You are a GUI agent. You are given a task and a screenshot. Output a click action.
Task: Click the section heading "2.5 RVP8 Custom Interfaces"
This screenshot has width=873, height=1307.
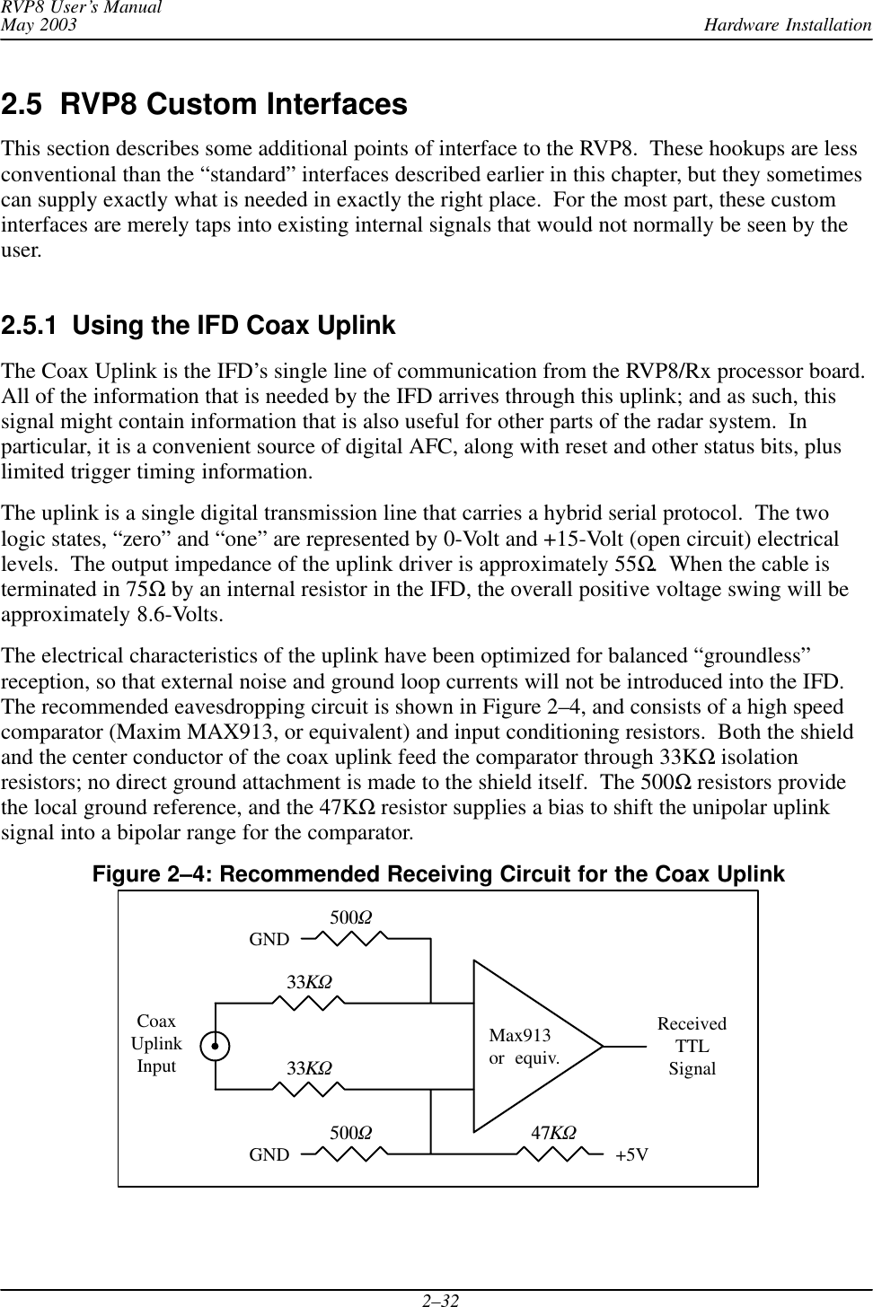pyautogui.click(x=204, y=105)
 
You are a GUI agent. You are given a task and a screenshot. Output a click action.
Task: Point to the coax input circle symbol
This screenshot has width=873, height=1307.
pyautogui.click(x=216, y=1046)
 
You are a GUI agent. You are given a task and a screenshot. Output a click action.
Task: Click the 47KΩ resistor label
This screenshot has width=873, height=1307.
pyautogui.click(x=553, y=1133)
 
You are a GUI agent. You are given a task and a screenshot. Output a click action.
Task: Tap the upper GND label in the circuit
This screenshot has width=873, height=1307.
pyautogui.click(x=269, y=940)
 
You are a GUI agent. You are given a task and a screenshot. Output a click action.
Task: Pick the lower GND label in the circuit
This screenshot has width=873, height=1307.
pyautogui.click(x=269, y=1154)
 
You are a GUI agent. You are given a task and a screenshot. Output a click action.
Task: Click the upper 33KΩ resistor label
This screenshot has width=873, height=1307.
pyautogui.click(x=309, y=982)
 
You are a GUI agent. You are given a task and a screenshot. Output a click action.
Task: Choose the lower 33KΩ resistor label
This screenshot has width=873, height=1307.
pyautogui.click(x=309, y=1068)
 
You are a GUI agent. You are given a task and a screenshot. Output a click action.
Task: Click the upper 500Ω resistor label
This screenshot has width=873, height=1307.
pyautogui.click(x=351, y=918)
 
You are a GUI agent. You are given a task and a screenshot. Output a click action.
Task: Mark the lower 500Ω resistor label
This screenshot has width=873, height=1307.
pyautogui.click(x=351, y=1133)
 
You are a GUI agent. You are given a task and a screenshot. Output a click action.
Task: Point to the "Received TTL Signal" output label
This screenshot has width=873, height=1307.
pyautogui.click(x=692, y=1047)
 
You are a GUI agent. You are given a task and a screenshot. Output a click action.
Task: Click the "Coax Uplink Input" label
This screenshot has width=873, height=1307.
pyautogui.click(x=156, y=1044)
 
